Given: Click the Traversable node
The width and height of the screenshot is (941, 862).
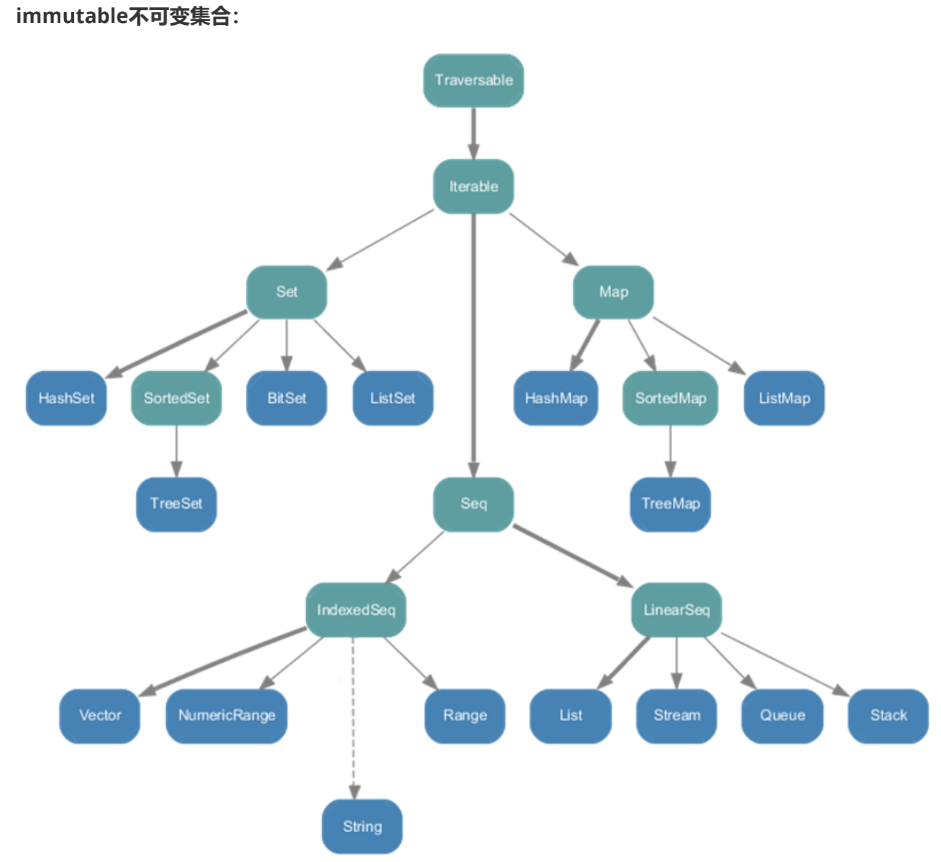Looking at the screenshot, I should point(474,80).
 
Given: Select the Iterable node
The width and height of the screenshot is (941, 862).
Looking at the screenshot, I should point(474,187).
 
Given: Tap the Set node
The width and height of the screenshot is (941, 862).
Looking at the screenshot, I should point(287,292).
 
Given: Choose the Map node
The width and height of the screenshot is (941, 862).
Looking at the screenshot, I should point(614,292).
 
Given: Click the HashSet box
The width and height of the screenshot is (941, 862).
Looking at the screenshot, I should point(67,398).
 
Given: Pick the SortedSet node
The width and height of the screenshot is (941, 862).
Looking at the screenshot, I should point(177,398).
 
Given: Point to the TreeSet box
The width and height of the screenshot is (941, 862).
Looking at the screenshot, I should point(176,504).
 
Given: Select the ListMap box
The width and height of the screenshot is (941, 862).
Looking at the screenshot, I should point(784,398).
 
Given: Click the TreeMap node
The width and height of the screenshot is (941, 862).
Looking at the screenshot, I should point(670,504).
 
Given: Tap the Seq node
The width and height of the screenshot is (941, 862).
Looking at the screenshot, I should point(474,504).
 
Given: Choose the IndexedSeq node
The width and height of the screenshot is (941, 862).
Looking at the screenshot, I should point(356,609).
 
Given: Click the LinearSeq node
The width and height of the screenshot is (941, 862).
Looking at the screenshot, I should point(676,609).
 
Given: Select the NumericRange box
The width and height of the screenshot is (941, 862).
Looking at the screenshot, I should point(227,715).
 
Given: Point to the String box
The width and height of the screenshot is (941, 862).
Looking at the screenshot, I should point(362,827).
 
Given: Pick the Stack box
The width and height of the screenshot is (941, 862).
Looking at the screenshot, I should point(888,715).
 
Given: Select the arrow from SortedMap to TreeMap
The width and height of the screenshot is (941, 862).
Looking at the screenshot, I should point(670,451).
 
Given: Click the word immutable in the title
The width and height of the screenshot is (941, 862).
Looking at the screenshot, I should point(72,16).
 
